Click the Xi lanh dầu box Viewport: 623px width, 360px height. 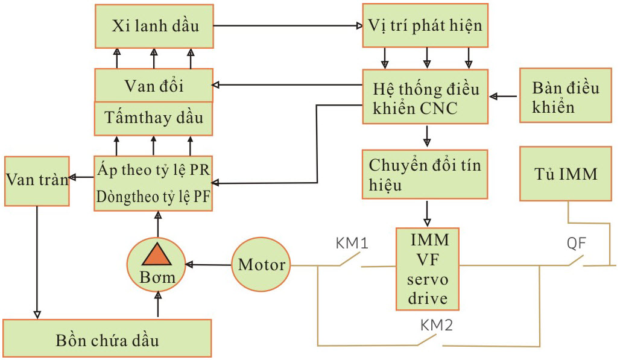coord(154,27)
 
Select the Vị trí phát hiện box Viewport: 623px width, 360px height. coord(425,26)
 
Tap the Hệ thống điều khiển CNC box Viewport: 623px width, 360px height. coord(425,97)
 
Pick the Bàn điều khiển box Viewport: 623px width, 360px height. coord(565,97)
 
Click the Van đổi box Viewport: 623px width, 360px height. coord(154,85)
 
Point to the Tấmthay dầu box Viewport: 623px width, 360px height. coord(154,118)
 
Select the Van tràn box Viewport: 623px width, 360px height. coord(36,180)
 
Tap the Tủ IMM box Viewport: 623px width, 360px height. coord(565,174)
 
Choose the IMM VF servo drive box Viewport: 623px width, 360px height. coord(427,268)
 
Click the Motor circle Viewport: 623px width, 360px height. coord(261,264)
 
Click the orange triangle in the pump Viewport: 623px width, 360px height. coord(157,256)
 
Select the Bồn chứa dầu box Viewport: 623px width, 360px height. coord(107,339)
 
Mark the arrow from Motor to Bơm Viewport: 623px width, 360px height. coord(209,264)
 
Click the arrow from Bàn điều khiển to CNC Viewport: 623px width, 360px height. coord(504,96)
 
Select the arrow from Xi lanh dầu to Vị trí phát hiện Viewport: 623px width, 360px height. coord(286,26)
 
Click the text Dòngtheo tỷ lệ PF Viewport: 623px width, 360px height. coord(153,197)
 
